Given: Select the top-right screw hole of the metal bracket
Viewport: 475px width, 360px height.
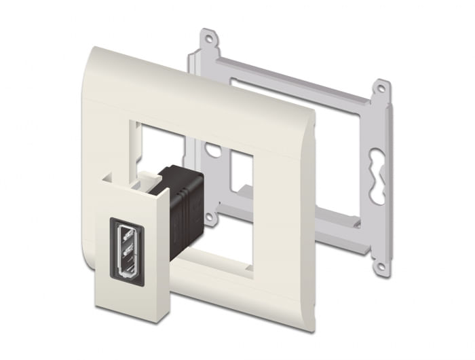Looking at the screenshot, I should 381,88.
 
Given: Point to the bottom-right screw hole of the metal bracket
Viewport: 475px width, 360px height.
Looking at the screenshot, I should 381,267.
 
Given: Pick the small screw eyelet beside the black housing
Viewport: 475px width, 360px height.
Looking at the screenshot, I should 211,218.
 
